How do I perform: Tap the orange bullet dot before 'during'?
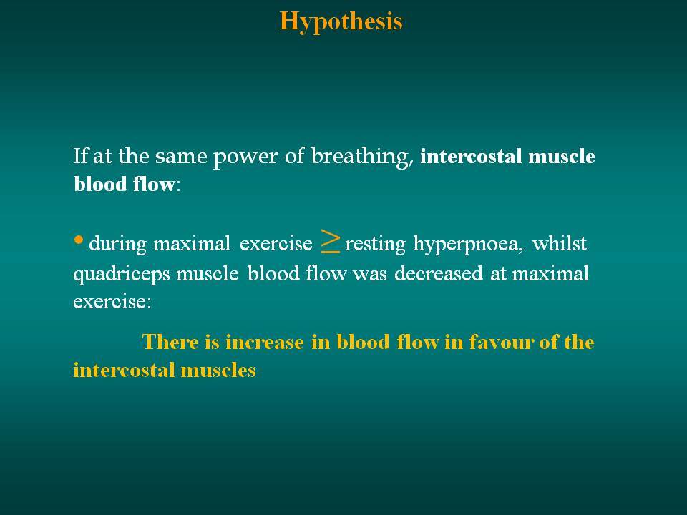point(79,240)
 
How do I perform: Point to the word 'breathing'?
point(362,156)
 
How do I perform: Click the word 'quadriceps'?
point(122,275)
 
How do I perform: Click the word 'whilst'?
point(559,243)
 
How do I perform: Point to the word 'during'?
point(117,244)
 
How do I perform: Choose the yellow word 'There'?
point(170,342)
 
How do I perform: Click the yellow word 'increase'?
point(264,342)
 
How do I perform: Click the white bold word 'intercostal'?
point(471,157)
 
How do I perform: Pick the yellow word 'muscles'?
point(218,370)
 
